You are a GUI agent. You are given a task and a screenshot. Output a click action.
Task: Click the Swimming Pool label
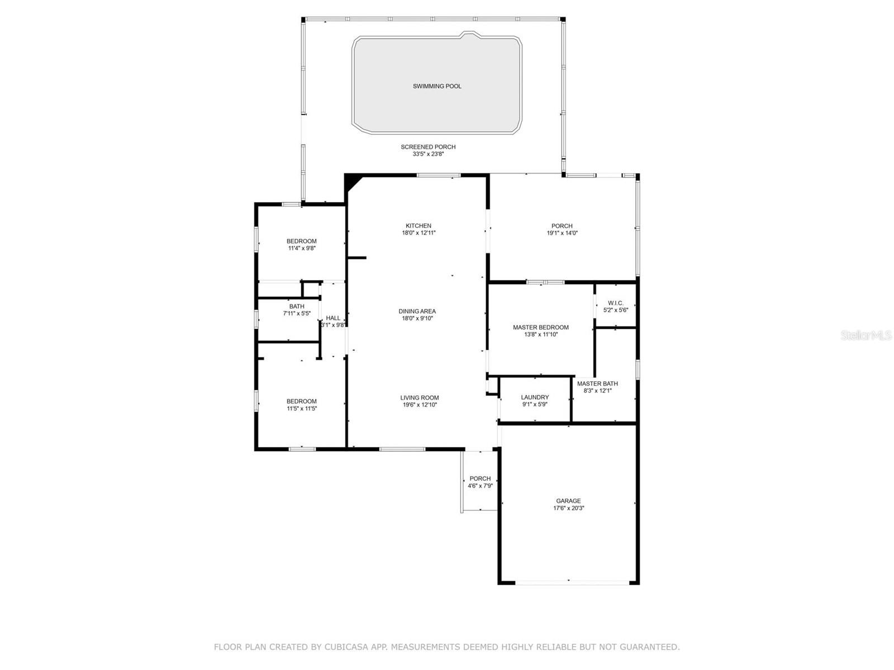click(437, 87)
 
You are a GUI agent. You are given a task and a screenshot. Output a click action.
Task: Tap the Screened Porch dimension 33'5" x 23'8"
click(428, 154)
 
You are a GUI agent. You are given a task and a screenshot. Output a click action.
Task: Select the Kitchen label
click(419, 226)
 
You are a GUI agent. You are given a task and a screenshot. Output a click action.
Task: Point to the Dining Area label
click(417, 312)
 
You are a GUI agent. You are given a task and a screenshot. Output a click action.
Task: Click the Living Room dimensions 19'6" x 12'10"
click(419, 405)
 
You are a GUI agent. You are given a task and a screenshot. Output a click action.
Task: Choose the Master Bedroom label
click(541, 328)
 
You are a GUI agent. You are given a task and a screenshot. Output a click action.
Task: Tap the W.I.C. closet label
click(616, 303)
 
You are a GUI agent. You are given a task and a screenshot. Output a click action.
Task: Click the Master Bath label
click(597, 384)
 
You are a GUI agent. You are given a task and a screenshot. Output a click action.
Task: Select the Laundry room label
click(535, 398)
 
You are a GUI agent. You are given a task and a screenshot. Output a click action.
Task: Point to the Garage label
click(568, 501)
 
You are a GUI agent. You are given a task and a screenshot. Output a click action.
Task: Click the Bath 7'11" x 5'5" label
click(297, 307)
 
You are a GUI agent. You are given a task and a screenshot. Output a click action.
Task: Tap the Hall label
click(333, 318)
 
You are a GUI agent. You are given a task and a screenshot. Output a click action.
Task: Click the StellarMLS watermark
click(866, 336)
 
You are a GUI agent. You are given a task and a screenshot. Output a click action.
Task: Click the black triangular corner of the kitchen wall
click(351, 181)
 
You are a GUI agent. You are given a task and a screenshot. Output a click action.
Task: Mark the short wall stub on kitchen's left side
click(356, 258)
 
